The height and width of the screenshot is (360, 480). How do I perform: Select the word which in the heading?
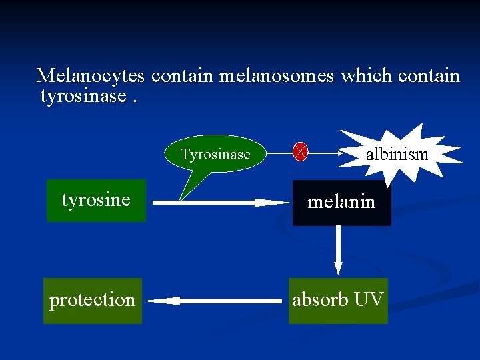point(366,76)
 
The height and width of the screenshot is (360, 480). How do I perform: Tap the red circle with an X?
point(301,153)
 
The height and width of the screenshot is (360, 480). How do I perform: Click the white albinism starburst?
point(397,155)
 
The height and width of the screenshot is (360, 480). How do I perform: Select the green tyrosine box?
point(96,200)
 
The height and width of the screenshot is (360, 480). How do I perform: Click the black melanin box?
point(341,202)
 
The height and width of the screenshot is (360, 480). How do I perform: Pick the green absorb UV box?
point(338,300)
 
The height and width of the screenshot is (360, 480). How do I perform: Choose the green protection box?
point(93,301)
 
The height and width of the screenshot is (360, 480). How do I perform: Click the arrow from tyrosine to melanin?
point(220,202)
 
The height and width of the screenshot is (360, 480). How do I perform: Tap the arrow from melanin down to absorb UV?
point(338,249)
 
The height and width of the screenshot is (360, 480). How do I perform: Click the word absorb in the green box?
point(321,300)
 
